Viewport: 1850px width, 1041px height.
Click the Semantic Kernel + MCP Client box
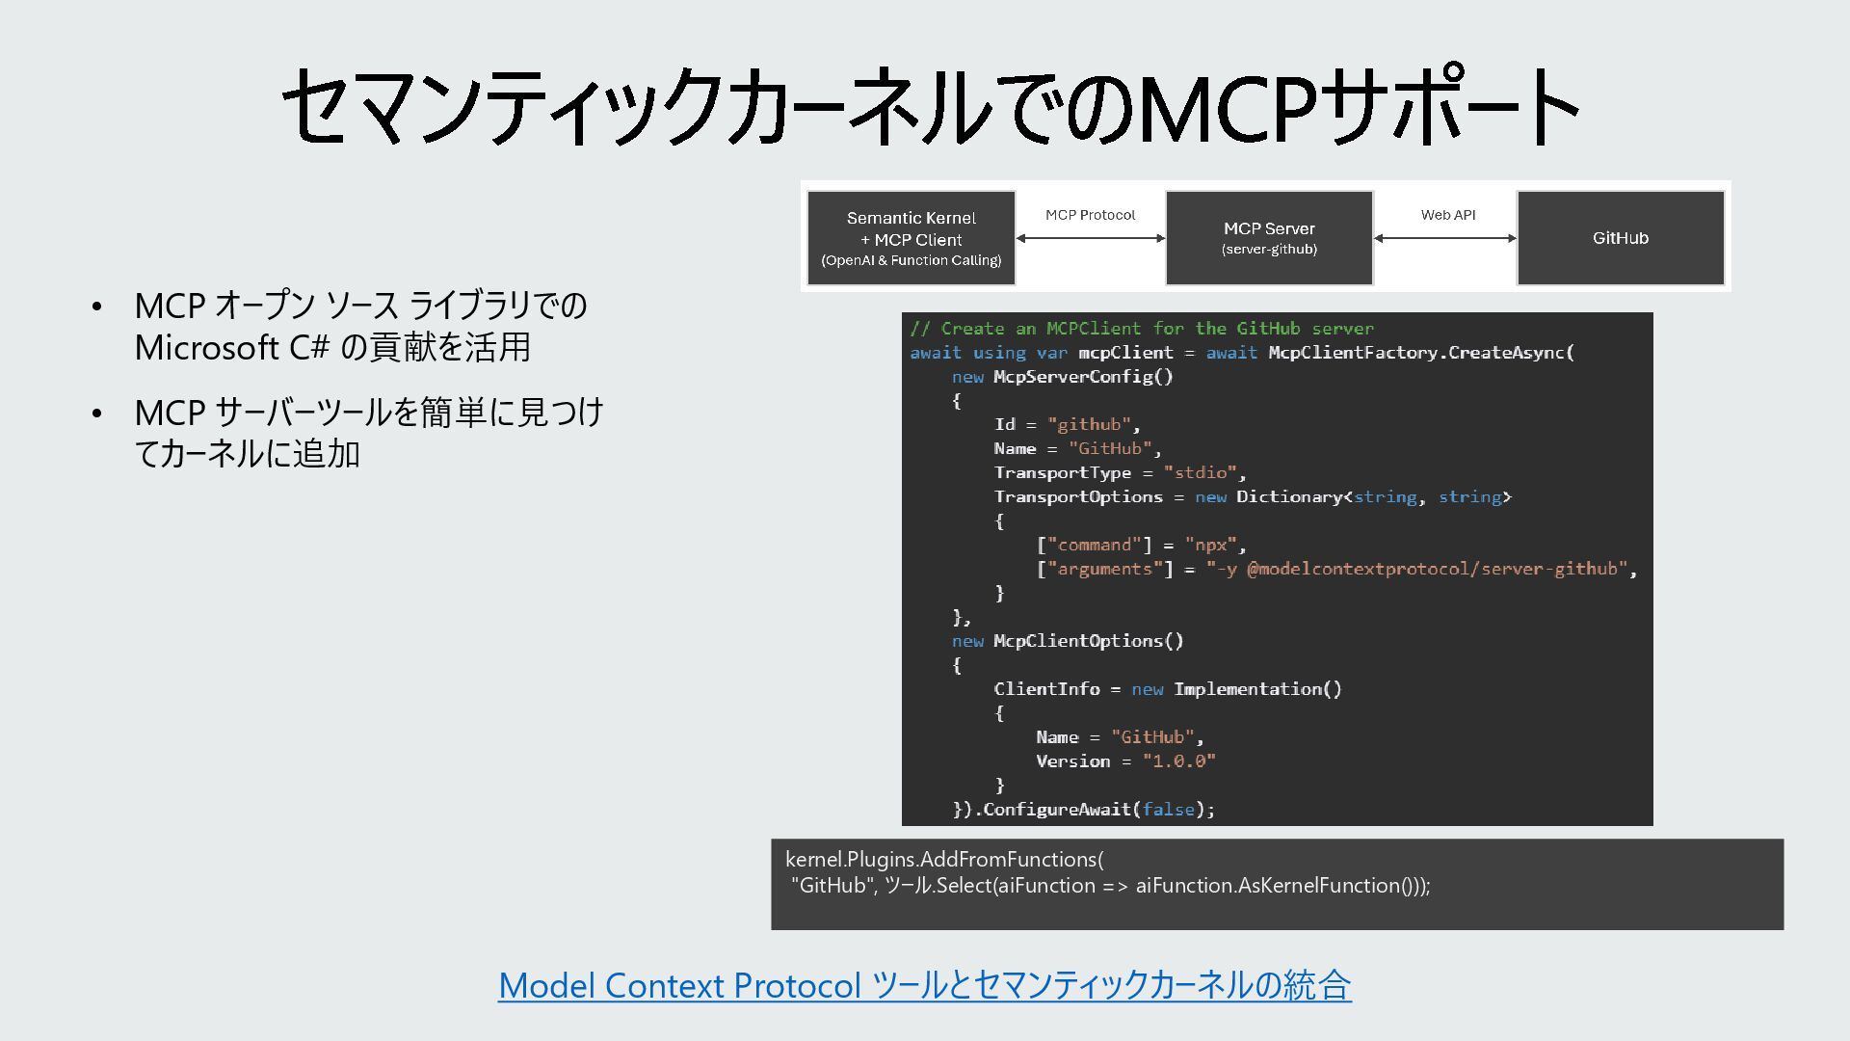(911, 238)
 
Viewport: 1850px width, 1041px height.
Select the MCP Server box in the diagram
(1269, 238)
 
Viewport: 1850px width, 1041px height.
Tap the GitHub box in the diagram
(1621, 238)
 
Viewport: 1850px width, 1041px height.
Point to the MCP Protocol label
(1090, 215)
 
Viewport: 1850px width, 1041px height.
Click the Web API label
(1447, 215)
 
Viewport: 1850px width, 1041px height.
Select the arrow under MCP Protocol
(1091, 238)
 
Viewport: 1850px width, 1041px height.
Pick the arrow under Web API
(1445, 238)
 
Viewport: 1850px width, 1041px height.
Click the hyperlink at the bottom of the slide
(924, 985)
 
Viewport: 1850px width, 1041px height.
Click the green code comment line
(1142, 329)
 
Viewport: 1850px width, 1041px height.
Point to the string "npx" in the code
(1211, 545)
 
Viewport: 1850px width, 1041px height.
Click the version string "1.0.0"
(1178, 761)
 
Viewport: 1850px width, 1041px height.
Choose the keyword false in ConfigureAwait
(1168, 810)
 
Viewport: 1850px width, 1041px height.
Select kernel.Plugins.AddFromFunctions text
(944, 860)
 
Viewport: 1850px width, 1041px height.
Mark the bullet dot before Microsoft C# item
(96, 307)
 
